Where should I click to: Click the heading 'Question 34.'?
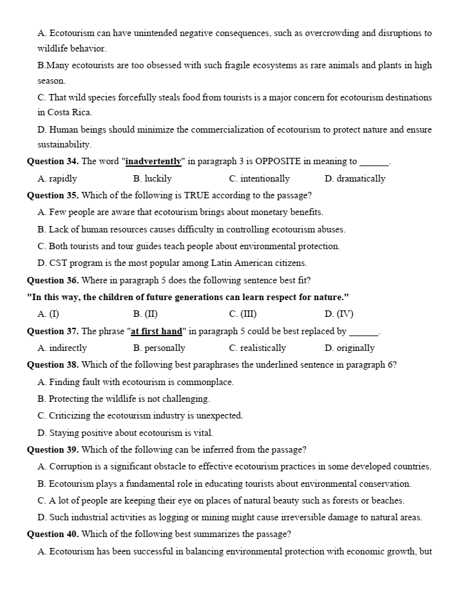pos(53,162)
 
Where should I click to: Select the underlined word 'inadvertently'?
pos(153,162)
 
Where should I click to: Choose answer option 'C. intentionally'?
pos(259,178)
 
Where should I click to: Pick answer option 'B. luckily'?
pos(152,178)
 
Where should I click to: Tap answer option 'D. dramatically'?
pos(355,178)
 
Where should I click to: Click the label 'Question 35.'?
pos(53,195)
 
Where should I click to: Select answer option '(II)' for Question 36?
pos(146,314)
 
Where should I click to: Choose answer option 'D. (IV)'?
pos(339,314)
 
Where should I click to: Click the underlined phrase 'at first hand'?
pos(157,331)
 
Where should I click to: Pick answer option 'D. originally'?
pos(350,348)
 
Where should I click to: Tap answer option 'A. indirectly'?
pos(62,348)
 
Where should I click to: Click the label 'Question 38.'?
pos(53,364)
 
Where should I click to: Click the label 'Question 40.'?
pos(53,534)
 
